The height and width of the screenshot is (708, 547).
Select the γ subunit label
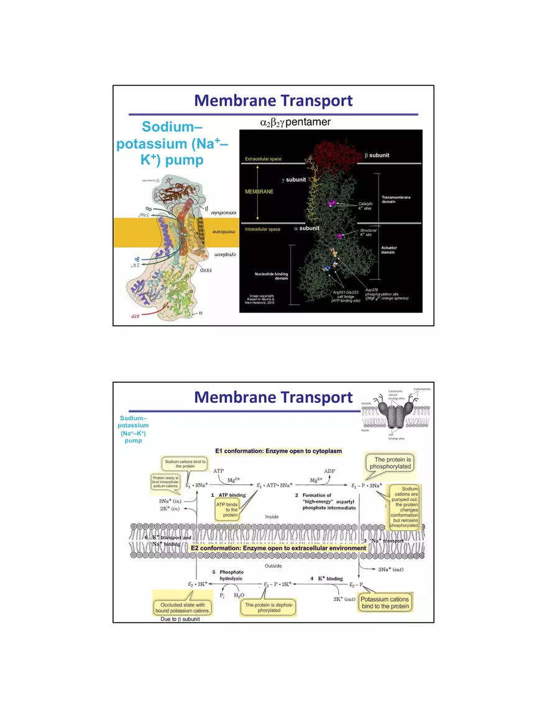tap(293, 180)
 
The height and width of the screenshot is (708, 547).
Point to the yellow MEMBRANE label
tap(259, 192)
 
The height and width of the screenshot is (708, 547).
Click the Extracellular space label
tap(263, 159)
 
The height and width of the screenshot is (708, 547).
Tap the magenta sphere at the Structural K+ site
tap(339, 236)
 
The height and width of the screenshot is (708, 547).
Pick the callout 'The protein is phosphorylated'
tap(391, 462)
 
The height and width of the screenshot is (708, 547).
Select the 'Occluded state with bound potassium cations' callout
tap(183, 607)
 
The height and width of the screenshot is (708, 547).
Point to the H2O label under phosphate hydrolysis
tap(239, 595)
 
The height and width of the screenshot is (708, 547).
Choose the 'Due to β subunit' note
tap(180, 619)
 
